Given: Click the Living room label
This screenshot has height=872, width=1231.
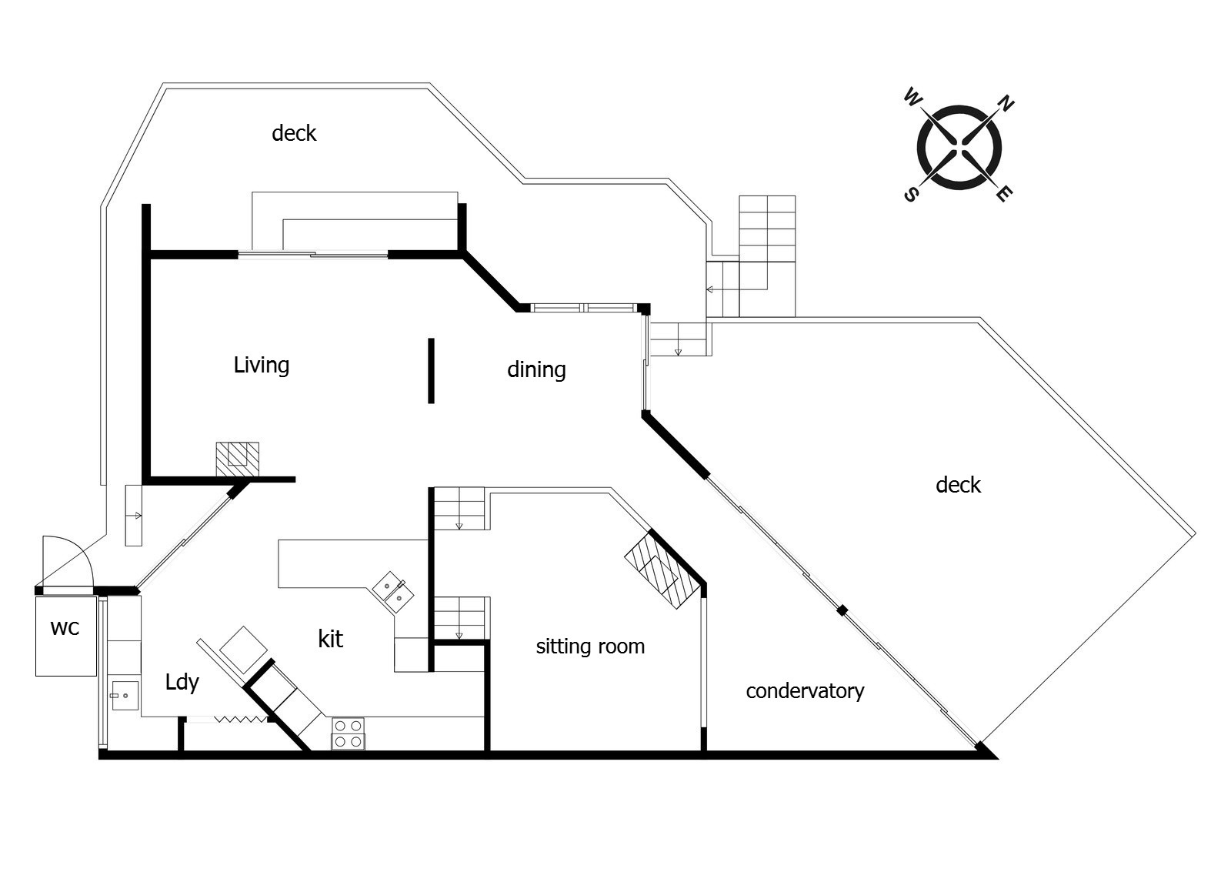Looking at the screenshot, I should click(262, 365).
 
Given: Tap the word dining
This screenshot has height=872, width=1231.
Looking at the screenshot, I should click(536, 370).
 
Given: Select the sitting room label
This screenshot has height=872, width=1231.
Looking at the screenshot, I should click(590, 646).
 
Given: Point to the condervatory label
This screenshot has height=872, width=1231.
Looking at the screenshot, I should click(805, 691).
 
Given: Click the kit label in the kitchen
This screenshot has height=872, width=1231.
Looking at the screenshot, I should click(330, 639).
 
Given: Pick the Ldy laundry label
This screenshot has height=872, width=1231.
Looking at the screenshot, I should click(182, 683).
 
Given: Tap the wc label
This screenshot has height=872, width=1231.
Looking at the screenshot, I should click(65, 628).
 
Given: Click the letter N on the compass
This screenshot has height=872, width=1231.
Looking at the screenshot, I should click(1006, 103).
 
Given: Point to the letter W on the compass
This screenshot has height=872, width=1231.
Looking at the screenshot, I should click(912, 98).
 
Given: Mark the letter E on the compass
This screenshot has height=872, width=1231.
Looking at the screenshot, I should click(1002, 194).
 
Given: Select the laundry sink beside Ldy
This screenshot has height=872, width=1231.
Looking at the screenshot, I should click(123, 696).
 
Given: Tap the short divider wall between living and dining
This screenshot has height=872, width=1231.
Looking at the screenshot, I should click(431, 370).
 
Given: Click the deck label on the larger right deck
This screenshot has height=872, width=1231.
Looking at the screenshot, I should click(958, 485).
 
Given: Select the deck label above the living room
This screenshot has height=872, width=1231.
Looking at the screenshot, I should click(294, 133).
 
